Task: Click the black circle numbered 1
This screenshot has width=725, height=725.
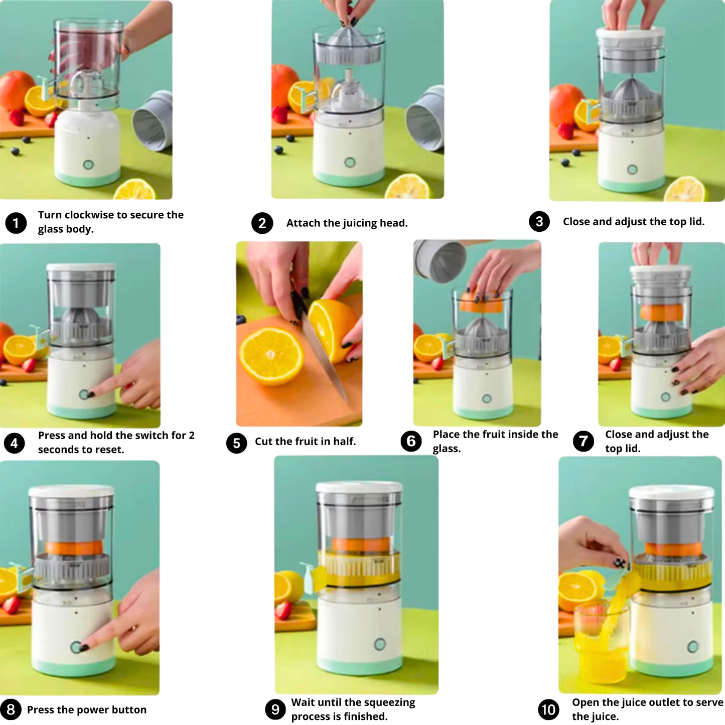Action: [16, 223]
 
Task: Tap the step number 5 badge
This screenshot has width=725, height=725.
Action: [236, 443]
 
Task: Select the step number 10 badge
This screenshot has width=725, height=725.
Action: [548, 709]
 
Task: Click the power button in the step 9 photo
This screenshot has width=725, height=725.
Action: [380, 644]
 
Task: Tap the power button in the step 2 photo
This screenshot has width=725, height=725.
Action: [350, 162]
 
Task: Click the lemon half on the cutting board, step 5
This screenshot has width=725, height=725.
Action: [271, 356]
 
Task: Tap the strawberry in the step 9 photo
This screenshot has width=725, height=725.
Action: [283, 611]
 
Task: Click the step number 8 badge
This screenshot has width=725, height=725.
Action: [11, 709]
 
